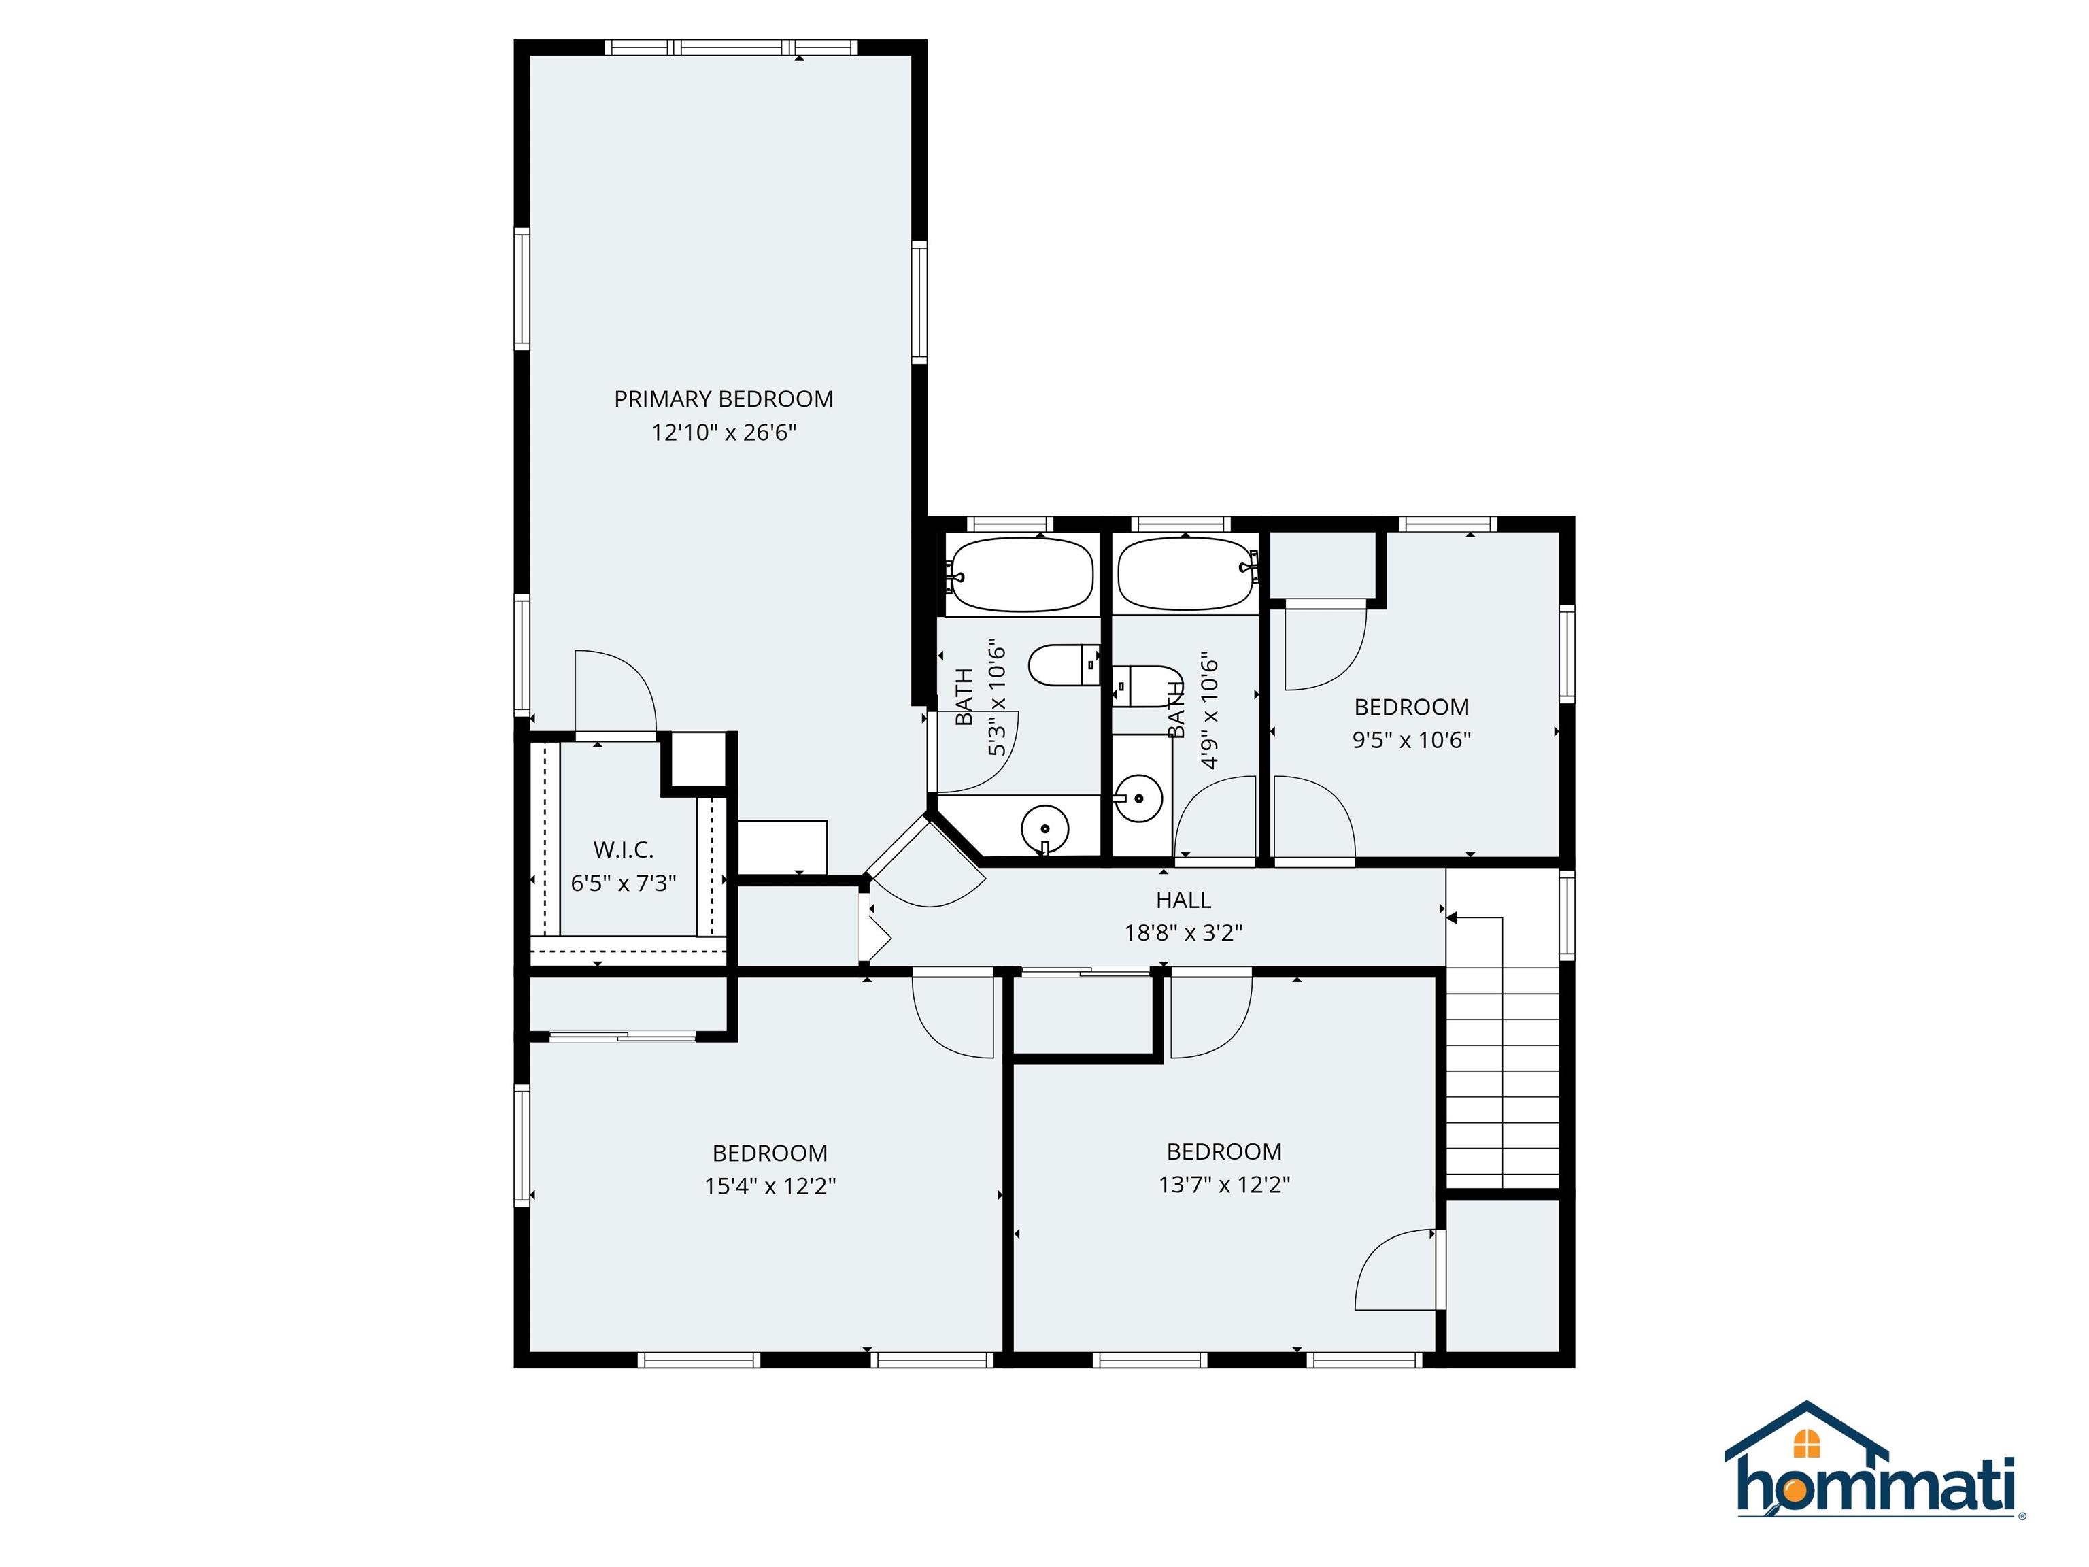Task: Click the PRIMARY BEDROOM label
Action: coord(724,399)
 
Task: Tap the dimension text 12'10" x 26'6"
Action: coord(724,433)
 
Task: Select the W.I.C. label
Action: coord(624,850)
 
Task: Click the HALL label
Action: coord(1183,900)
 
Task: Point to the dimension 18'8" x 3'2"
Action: coord(1183,933)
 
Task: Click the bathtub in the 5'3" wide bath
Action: coord(1021,574)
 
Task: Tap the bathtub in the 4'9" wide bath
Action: coord(1185,573)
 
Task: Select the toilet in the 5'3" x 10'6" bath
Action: coord(1062,666)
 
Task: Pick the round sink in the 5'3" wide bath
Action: coord(1044,828)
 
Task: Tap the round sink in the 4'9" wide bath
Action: coord(1140,799)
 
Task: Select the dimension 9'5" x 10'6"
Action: coord(1411,741)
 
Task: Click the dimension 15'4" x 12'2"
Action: coord(770,1186)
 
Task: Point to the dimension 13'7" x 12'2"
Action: coord(1224,1185)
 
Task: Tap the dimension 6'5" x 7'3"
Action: coord(624,883)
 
